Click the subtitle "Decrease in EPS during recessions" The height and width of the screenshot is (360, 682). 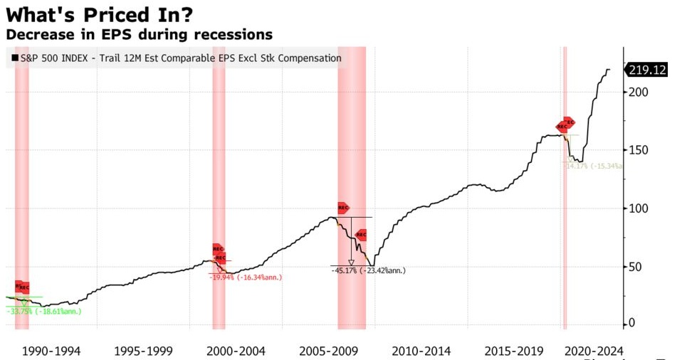(x=139, y=34)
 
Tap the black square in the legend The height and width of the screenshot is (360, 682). (x=14, y=58)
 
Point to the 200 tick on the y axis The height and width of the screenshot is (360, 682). (x=638, y=92)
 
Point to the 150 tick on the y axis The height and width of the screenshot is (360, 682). (x=638, y=150)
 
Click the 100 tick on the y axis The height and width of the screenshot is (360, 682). (x=638, y=208)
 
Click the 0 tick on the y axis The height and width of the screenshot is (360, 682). (x=632, y=324)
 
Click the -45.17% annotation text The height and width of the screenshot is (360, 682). (x=368, y=270)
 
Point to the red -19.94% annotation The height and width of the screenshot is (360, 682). (x=246, y=277)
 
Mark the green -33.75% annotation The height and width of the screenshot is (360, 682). (x=43, y=311)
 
